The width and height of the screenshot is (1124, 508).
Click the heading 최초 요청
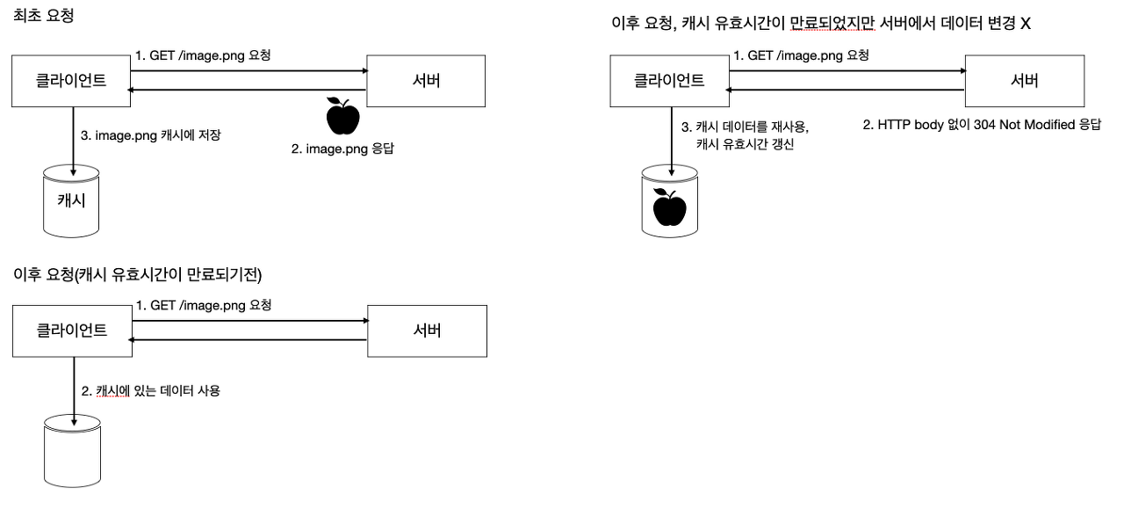43,15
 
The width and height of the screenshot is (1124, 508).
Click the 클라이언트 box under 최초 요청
71,81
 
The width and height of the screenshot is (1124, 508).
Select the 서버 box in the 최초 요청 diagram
426,81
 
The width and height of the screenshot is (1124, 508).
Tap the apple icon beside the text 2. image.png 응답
342,114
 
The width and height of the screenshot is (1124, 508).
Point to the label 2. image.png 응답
342,149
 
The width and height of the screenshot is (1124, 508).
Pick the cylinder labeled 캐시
71,200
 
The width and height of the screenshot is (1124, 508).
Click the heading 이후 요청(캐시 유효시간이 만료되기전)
138,275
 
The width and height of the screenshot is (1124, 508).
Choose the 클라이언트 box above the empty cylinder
71,330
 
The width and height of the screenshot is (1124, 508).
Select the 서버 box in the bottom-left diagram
426,330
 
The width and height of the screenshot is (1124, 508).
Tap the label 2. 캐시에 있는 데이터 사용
150,389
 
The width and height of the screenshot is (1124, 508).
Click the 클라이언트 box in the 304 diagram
669,81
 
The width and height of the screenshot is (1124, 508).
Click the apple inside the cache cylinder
671,207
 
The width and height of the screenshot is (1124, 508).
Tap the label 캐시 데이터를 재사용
752,126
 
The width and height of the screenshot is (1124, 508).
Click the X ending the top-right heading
1025,24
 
